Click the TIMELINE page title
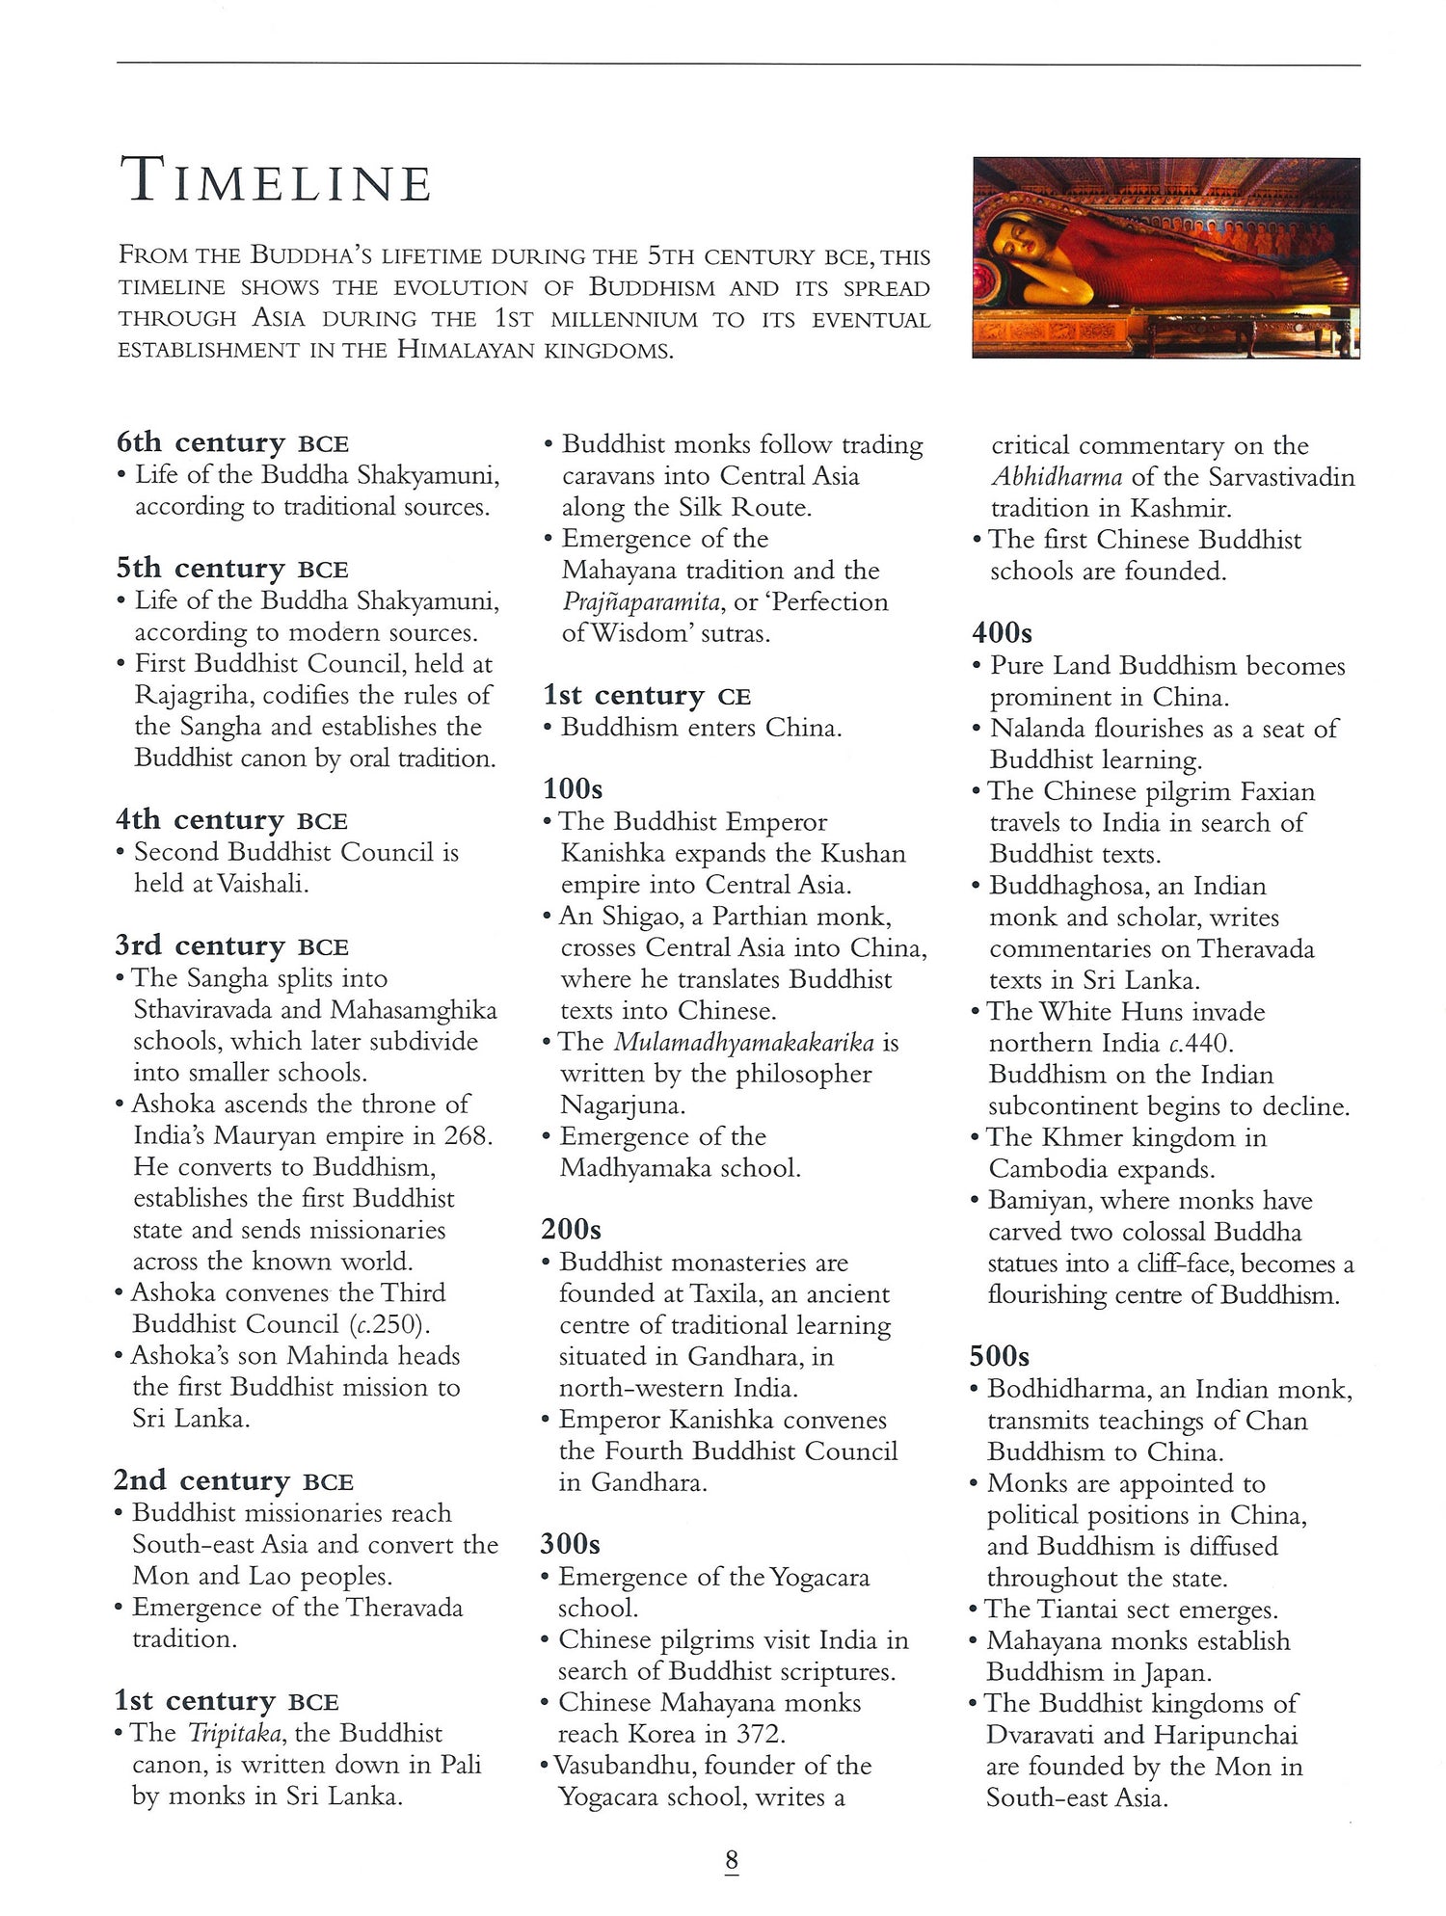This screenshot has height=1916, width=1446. [x=276, y=182]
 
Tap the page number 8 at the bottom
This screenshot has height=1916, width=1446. [x=732, y=1860]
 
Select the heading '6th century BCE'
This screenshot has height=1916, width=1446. [x=232, y=442]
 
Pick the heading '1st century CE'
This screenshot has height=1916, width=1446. [x=647, y=695]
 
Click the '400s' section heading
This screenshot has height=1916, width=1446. [x=1002, y=632]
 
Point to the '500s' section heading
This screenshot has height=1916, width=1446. [x=1000, y=1356]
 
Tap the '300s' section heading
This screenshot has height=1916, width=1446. [x=570, y=1544]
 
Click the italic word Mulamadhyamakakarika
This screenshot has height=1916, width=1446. [x=743, y=1042]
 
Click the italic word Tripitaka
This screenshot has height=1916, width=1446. [x=234, y=1733]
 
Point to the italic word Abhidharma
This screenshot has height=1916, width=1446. [x=1057, y=477]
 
